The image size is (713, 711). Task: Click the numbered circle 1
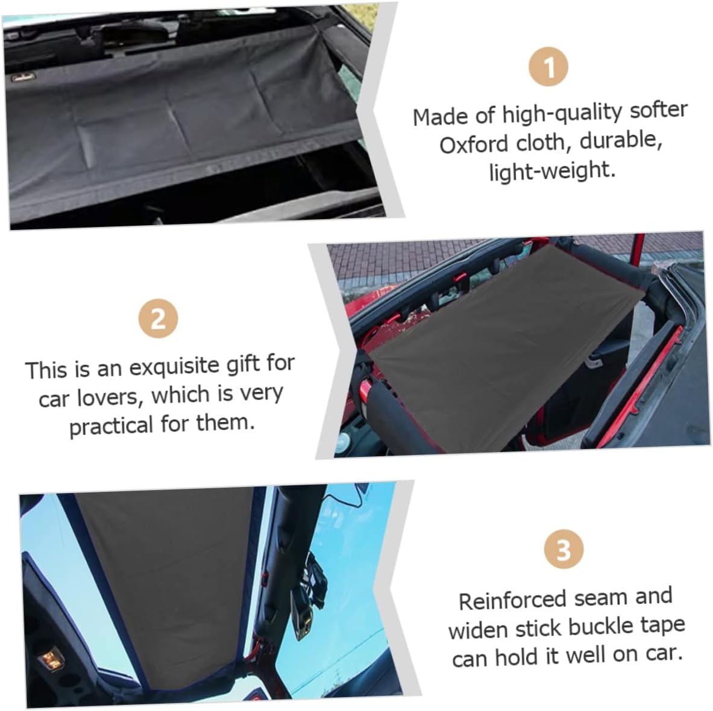click(x=548, y=67)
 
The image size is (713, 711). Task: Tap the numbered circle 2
click(x=158, y=317)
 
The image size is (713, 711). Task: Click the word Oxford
click(x=474, y=145)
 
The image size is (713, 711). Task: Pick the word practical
click(x=112, y=426)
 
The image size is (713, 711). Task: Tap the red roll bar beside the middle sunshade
click(x=365, y=394)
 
